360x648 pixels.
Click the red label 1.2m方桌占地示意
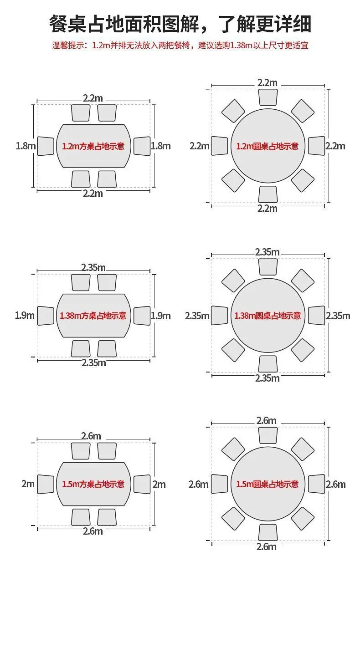pos(93,146)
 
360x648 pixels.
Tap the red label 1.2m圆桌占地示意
pos(267,146)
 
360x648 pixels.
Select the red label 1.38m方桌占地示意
pos(93,316)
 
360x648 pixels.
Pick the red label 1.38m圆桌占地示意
pos(267,316)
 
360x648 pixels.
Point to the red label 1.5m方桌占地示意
pos(93,484)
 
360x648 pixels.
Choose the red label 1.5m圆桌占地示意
pos(267,484)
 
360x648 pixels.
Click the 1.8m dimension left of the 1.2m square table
pos(26,146)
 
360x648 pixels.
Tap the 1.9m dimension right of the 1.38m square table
pos(161,316)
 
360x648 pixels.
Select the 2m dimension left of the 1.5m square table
pos(28,484)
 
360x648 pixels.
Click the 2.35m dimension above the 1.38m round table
pos(267,252)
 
